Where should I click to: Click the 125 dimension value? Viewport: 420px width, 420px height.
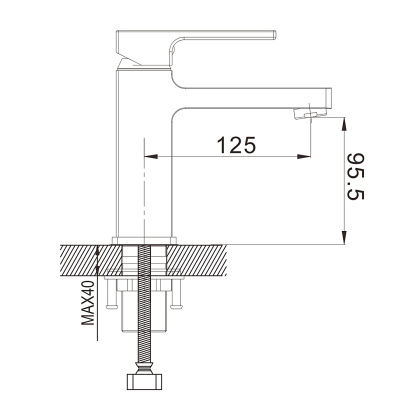coord(232,143)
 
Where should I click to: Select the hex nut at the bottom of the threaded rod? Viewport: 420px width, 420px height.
coord(146,380)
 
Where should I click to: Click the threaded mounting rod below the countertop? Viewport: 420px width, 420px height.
coord(146,310)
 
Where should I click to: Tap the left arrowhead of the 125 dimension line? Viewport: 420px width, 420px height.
coord(152,157)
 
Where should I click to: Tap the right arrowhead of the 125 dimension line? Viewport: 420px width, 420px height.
coord(306,157)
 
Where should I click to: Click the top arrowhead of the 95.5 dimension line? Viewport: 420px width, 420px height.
coord(344,124)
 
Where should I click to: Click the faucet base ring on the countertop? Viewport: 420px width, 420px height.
coord(146,240)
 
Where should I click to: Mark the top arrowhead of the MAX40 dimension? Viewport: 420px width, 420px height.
coord(98,252)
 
